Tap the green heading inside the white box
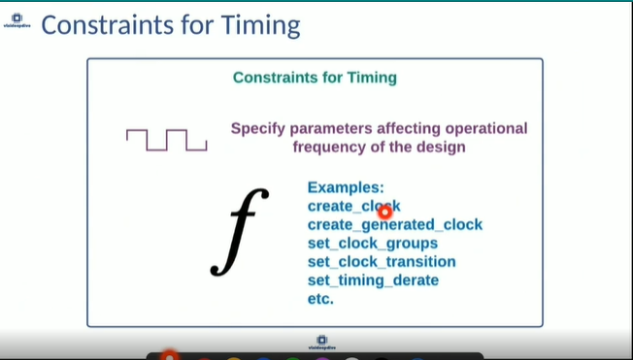315,77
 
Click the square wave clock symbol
166,141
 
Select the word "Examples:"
346,187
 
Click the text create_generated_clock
394,225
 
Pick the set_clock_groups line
372,244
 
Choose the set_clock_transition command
382,262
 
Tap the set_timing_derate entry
373,280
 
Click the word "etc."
320,299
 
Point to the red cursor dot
384,211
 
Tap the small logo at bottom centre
316,341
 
